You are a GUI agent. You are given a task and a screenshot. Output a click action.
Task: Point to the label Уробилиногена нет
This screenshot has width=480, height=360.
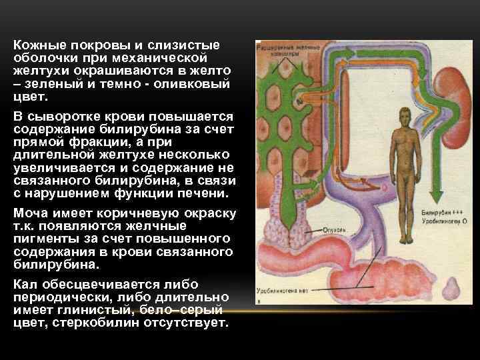pyautogui.click(x=285, y=291)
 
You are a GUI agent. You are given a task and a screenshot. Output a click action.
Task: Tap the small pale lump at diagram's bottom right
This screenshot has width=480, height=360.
pyautogui.click(x=453, y=289)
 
